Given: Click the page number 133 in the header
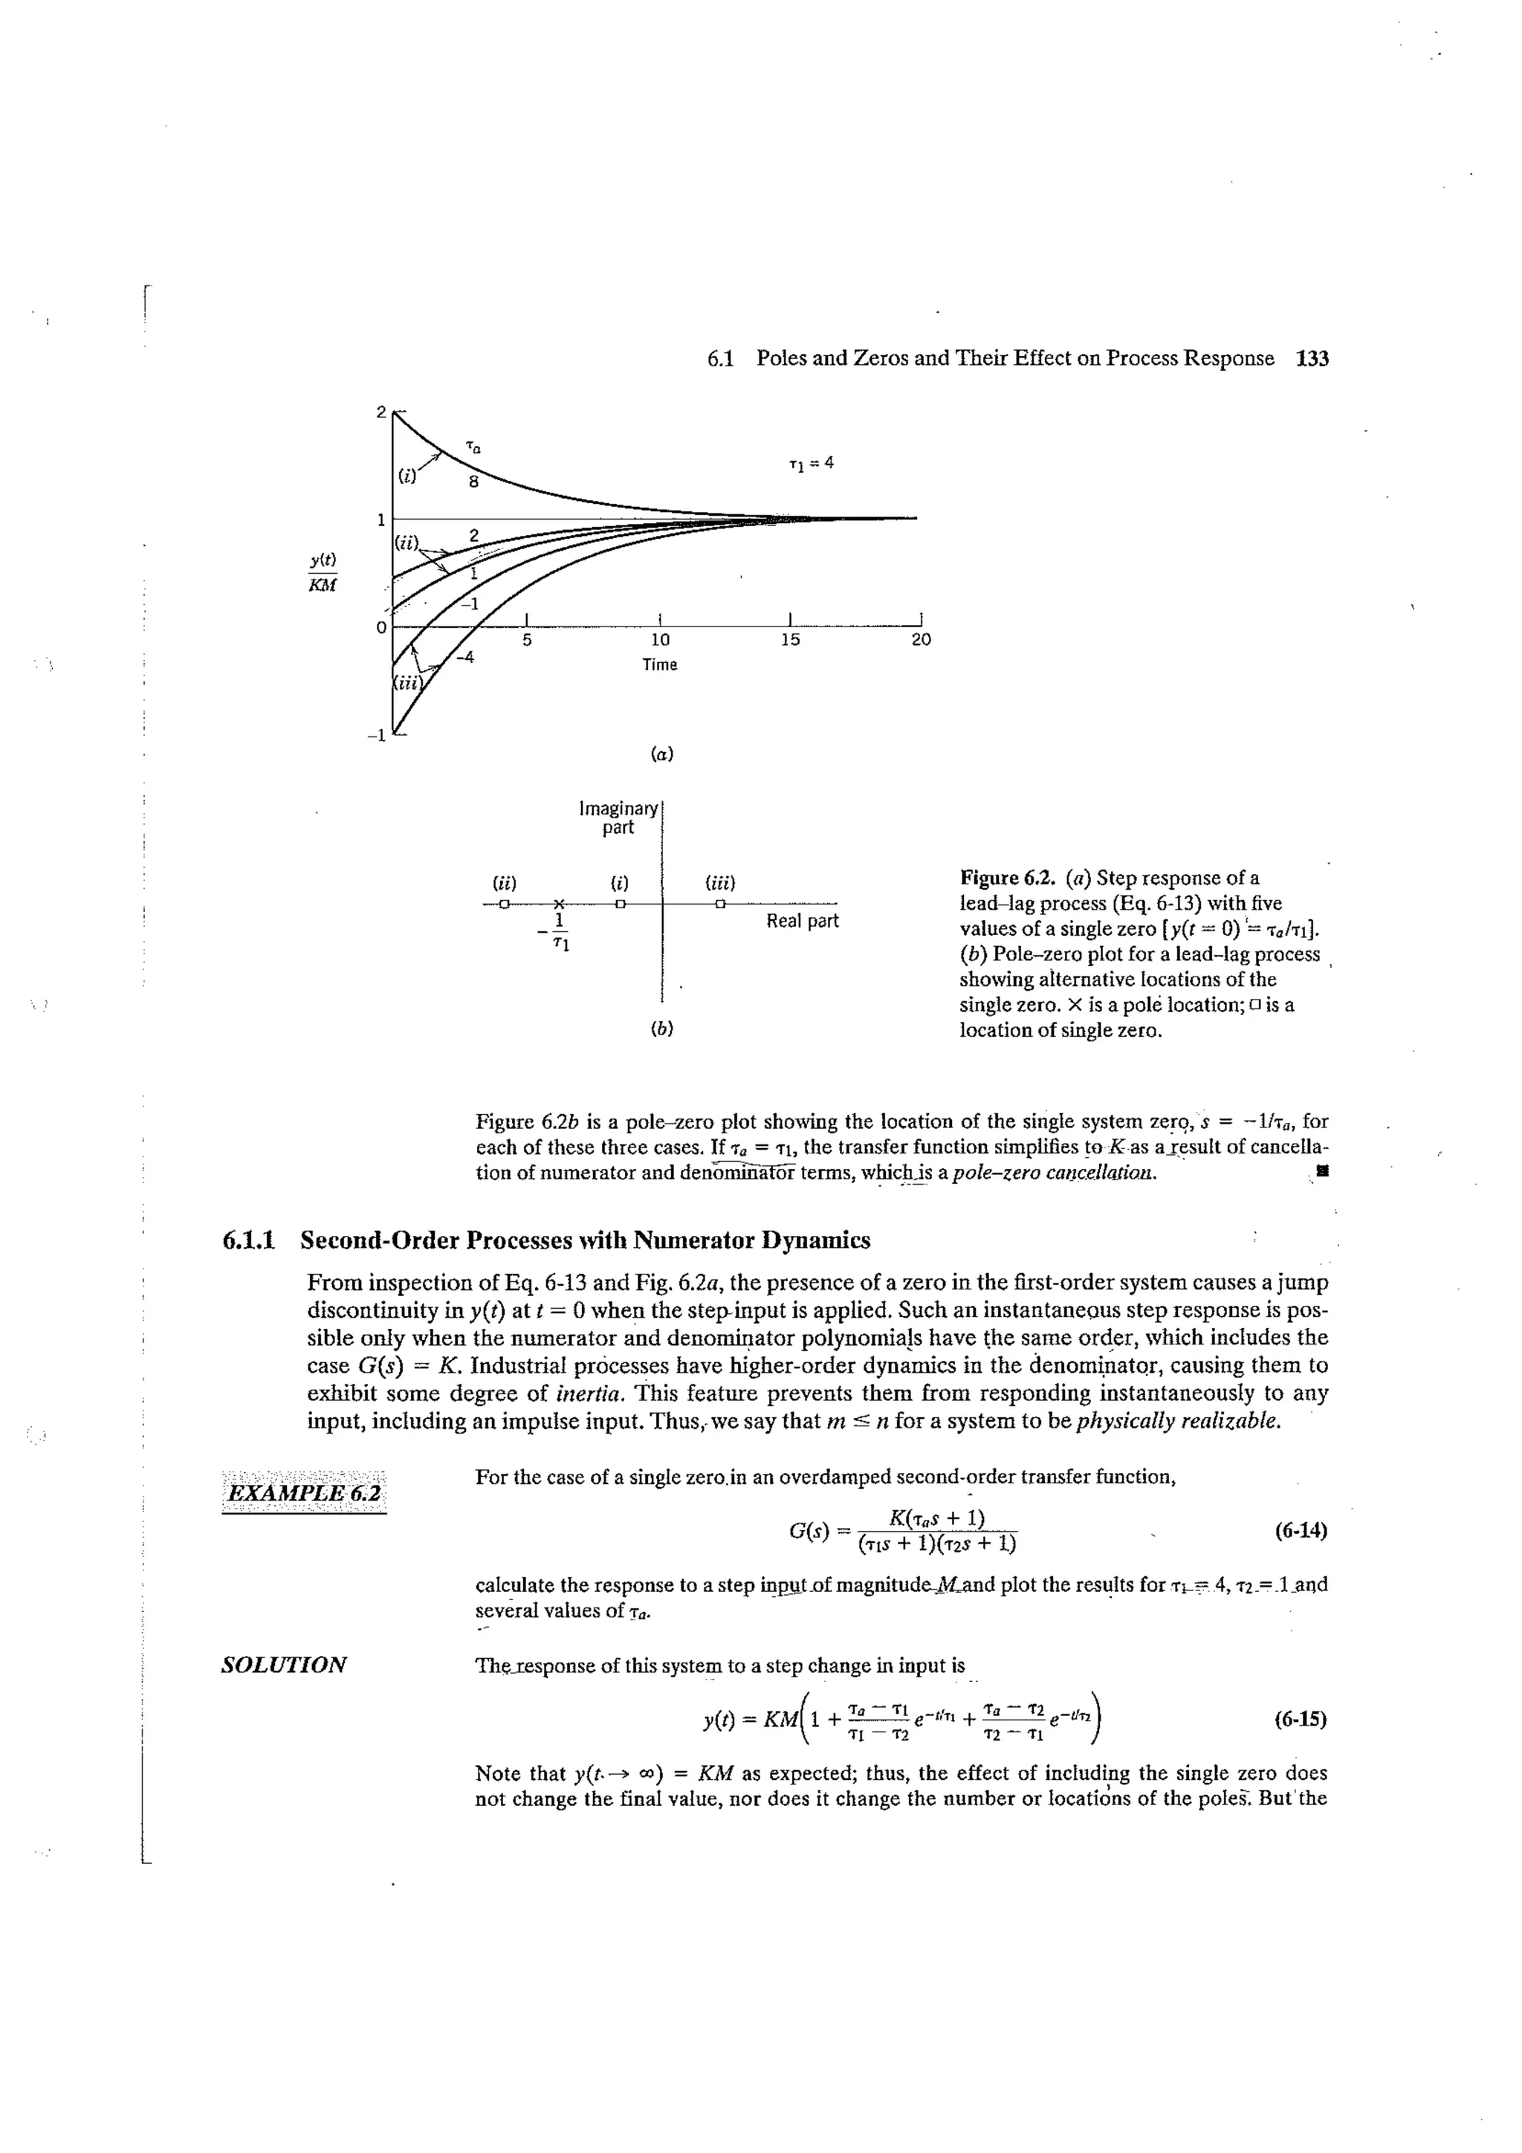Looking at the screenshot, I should click(1312, 358).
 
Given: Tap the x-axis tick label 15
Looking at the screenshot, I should click(791, 640).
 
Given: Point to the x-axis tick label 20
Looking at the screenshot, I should click(921, 640).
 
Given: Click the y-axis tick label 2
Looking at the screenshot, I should click(380, 412).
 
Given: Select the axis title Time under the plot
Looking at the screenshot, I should click(659, 665).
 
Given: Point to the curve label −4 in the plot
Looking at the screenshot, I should click(464, 657).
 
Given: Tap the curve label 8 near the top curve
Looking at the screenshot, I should click(473, 483).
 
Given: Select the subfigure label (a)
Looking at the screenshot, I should click(662, 753).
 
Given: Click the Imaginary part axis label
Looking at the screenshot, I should click(618, 818).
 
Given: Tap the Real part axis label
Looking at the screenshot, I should click(802, 921).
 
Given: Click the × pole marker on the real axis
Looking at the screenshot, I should click(558, 903).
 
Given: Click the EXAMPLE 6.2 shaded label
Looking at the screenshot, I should click(305, 1492).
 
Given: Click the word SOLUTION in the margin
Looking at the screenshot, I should click(284, 1665).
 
